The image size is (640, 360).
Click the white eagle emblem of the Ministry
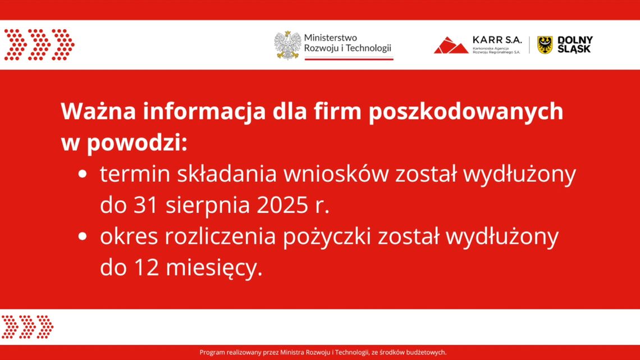[287, 45]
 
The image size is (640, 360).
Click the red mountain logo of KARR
[451, 45]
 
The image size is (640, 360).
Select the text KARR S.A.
[497, 40]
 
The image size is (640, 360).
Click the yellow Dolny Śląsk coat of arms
[545, 45]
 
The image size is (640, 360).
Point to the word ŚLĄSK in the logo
[574, 49]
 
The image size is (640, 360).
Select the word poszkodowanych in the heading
[466, 112]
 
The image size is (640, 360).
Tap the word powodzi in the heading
[134, 144]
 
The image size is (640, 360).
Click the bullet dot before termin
[83, 175]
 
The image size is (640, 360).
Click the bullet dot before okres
[83, 237]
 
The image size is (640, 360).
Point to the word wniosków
[335, 175]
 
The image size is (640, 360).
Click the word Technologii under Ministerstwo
[368, 48]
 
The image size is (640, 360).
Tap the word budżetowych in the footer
[425, 353]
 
